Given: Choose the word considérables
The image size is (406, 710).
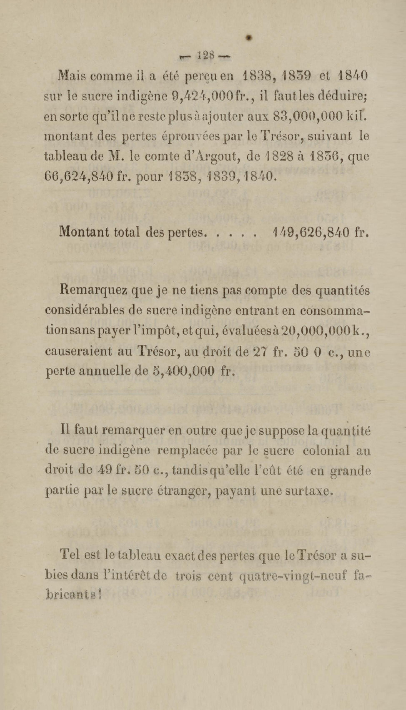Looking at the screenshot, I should [x=85, y=310].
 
